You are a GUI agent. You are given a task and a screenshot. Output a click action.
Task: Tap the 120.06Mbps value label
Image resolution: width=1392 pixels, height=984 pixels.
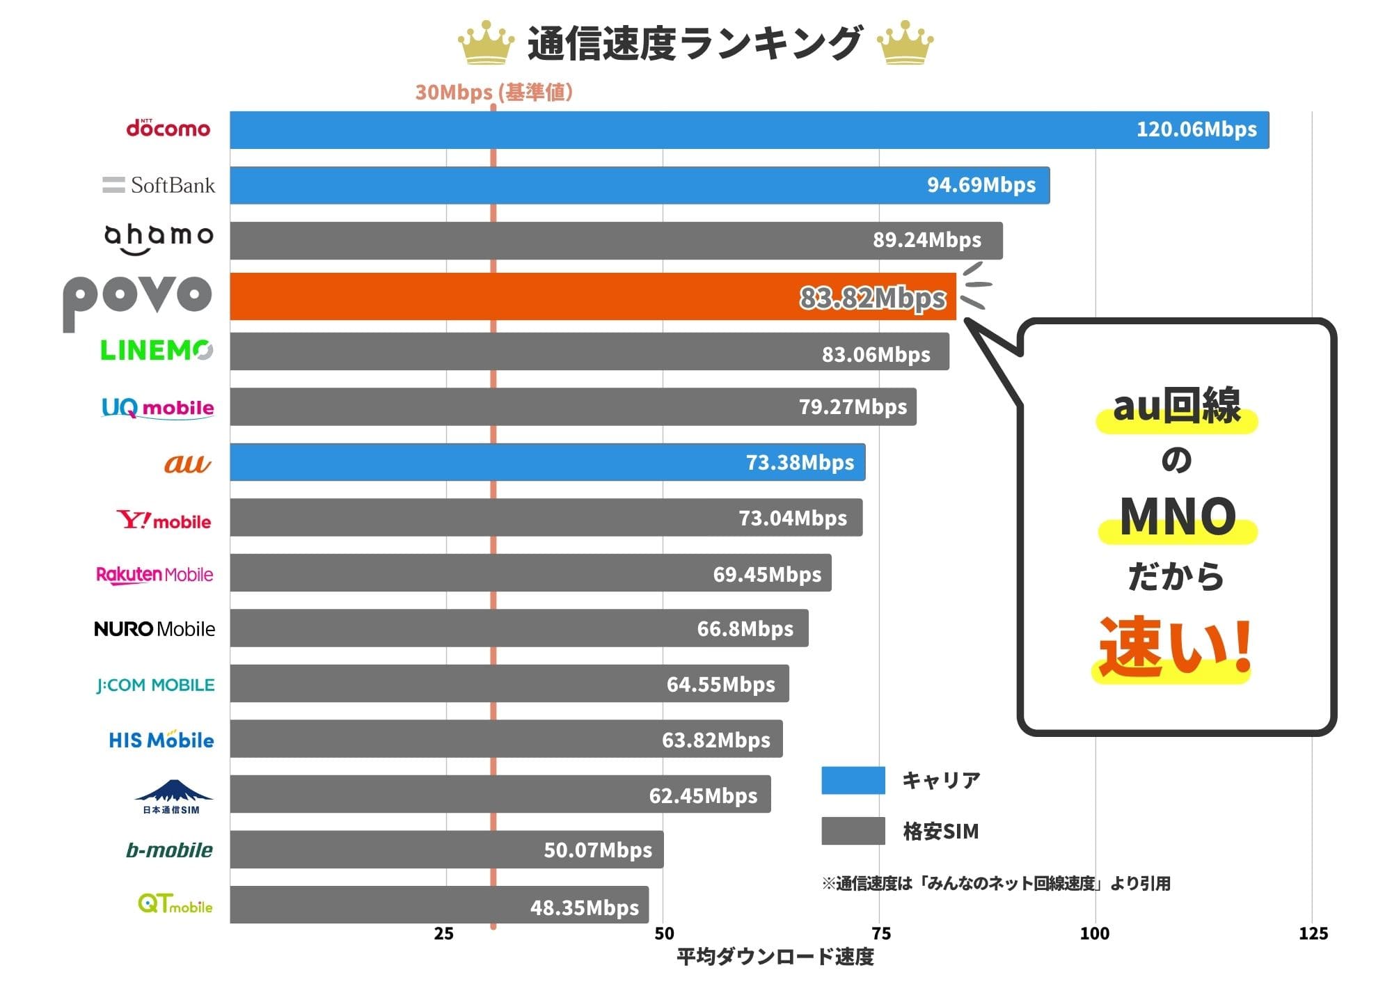1196,129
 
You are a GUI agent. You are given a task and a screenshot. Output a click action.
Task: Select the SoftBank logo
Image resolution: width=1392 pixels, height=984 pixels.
159,185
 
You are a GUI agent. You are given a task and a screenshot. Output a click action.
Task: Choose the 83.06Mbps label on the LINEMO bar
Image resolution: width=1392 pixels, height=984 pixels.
876,354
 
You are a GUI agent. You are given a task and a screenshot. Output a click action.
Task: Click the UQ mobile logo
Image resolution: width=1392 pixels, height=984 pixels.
158,407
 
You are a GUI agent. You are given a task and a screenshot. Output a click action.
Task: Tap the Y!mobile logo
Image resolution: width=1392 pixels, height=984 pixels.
164,520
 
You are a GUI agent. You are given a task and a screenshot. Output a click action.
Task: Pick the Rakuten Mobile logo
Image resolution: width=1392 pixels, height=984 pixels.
155,574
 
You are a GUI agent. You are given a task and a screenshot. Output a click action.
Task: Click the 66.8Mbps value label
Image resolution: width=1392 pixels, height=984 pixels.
745,628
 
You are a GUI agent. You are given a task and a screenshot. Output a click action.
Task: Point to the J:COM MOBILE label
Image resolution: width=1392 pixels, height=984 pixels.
155,685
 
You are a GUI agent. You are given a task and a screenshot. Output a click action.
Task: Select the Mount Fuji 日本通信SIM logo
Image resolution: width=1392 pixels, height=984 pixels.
173,795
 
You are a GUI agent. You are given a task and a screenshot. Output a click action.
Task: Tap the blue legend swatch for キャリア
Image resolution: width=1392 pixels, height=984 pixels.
853,780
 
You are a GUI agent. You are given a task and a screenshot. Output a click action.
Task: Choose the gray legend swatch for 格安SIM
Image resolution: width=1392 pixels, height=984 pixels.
853,831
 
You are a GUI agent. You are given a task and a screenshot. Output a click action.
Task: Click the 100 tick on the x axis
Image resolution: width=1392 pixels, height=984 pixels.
1094,934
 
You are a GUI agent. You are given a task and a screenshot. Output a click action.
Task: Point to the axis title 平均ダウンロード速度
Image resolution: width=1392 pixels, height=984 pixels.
775,957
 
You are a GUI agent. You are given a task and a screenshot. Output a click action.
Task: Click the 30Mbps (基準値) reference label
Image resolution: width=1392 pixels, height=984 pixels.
493,92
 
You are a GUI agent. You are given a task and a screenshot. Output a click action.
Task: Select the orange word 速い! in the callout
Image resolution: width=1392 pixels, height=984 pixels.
1175,646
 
